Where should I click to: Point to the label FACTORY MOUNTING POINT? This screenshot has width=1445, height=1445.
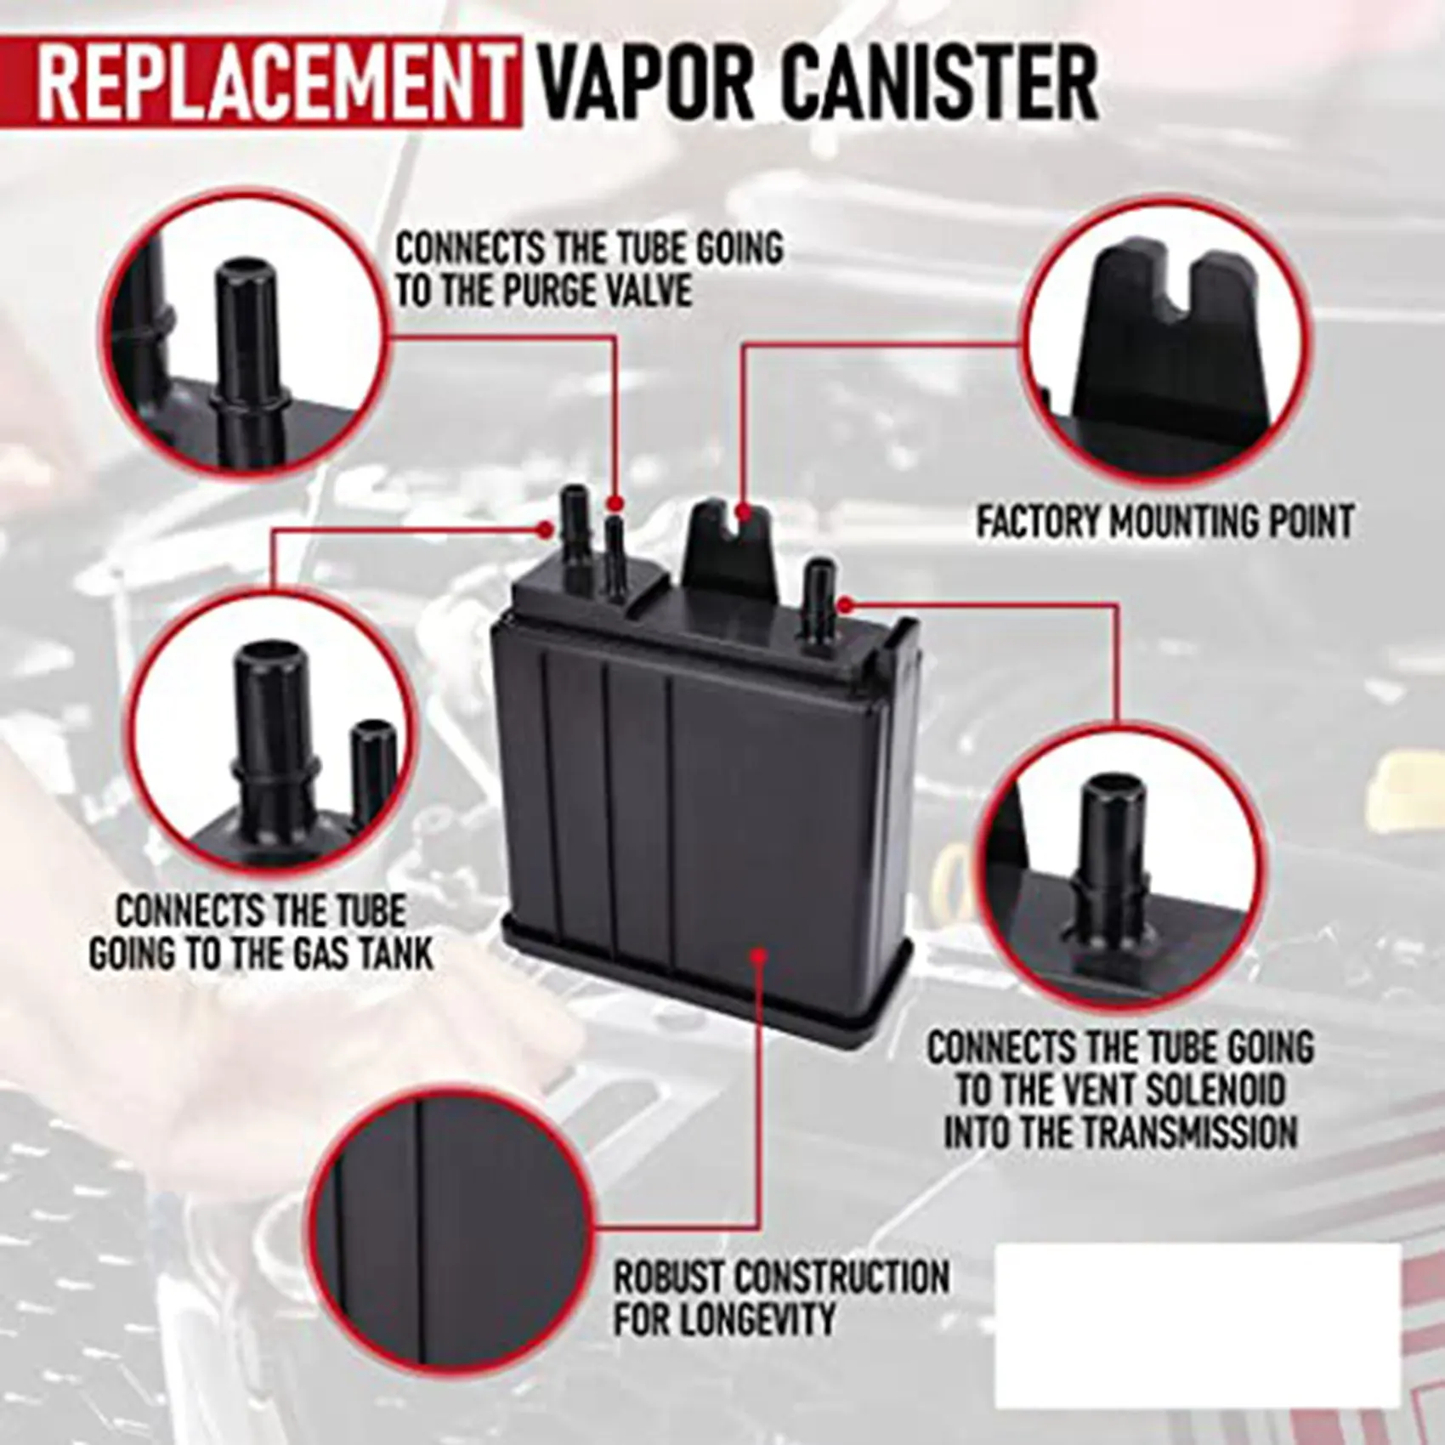click(x=1164, y=521)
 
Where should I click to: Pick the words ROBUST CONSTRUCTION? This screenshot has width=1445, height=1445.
click(x=781, y=1278)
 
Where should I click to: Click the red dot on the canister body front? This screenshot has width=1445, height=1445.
click(x=757, y=957)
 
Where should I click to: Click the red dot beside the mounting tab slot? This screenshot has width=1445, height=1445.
click(x=745, y=513)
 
